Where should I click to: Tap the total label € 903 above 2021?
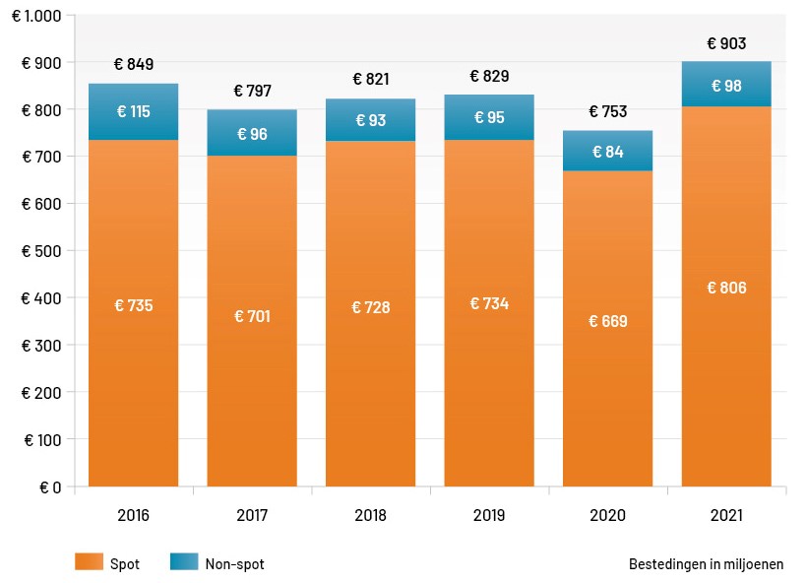726,43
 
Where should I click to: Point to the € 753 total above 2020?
607,111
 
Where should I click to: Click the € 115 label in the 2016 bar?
133,111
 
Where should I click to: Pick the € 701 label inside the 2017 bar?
252,316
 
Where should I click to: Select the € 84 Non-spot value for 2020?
607,152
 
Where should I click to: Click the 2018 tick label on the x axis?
370,515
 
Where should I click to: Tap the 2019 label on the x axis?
489,515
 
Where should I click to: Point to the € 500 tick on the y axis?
40,251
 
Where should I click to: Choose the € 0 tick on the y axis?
49,486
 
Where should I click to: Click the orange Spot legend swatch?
89,562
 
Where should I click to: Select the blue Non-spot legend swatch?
183,562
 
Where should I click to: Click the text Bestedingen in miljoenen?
706,564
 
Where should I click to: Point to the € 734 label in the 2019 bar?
489,303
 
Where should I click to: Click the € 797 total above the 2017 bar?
252,91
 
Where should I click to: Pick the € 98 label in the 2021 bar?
726,87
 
